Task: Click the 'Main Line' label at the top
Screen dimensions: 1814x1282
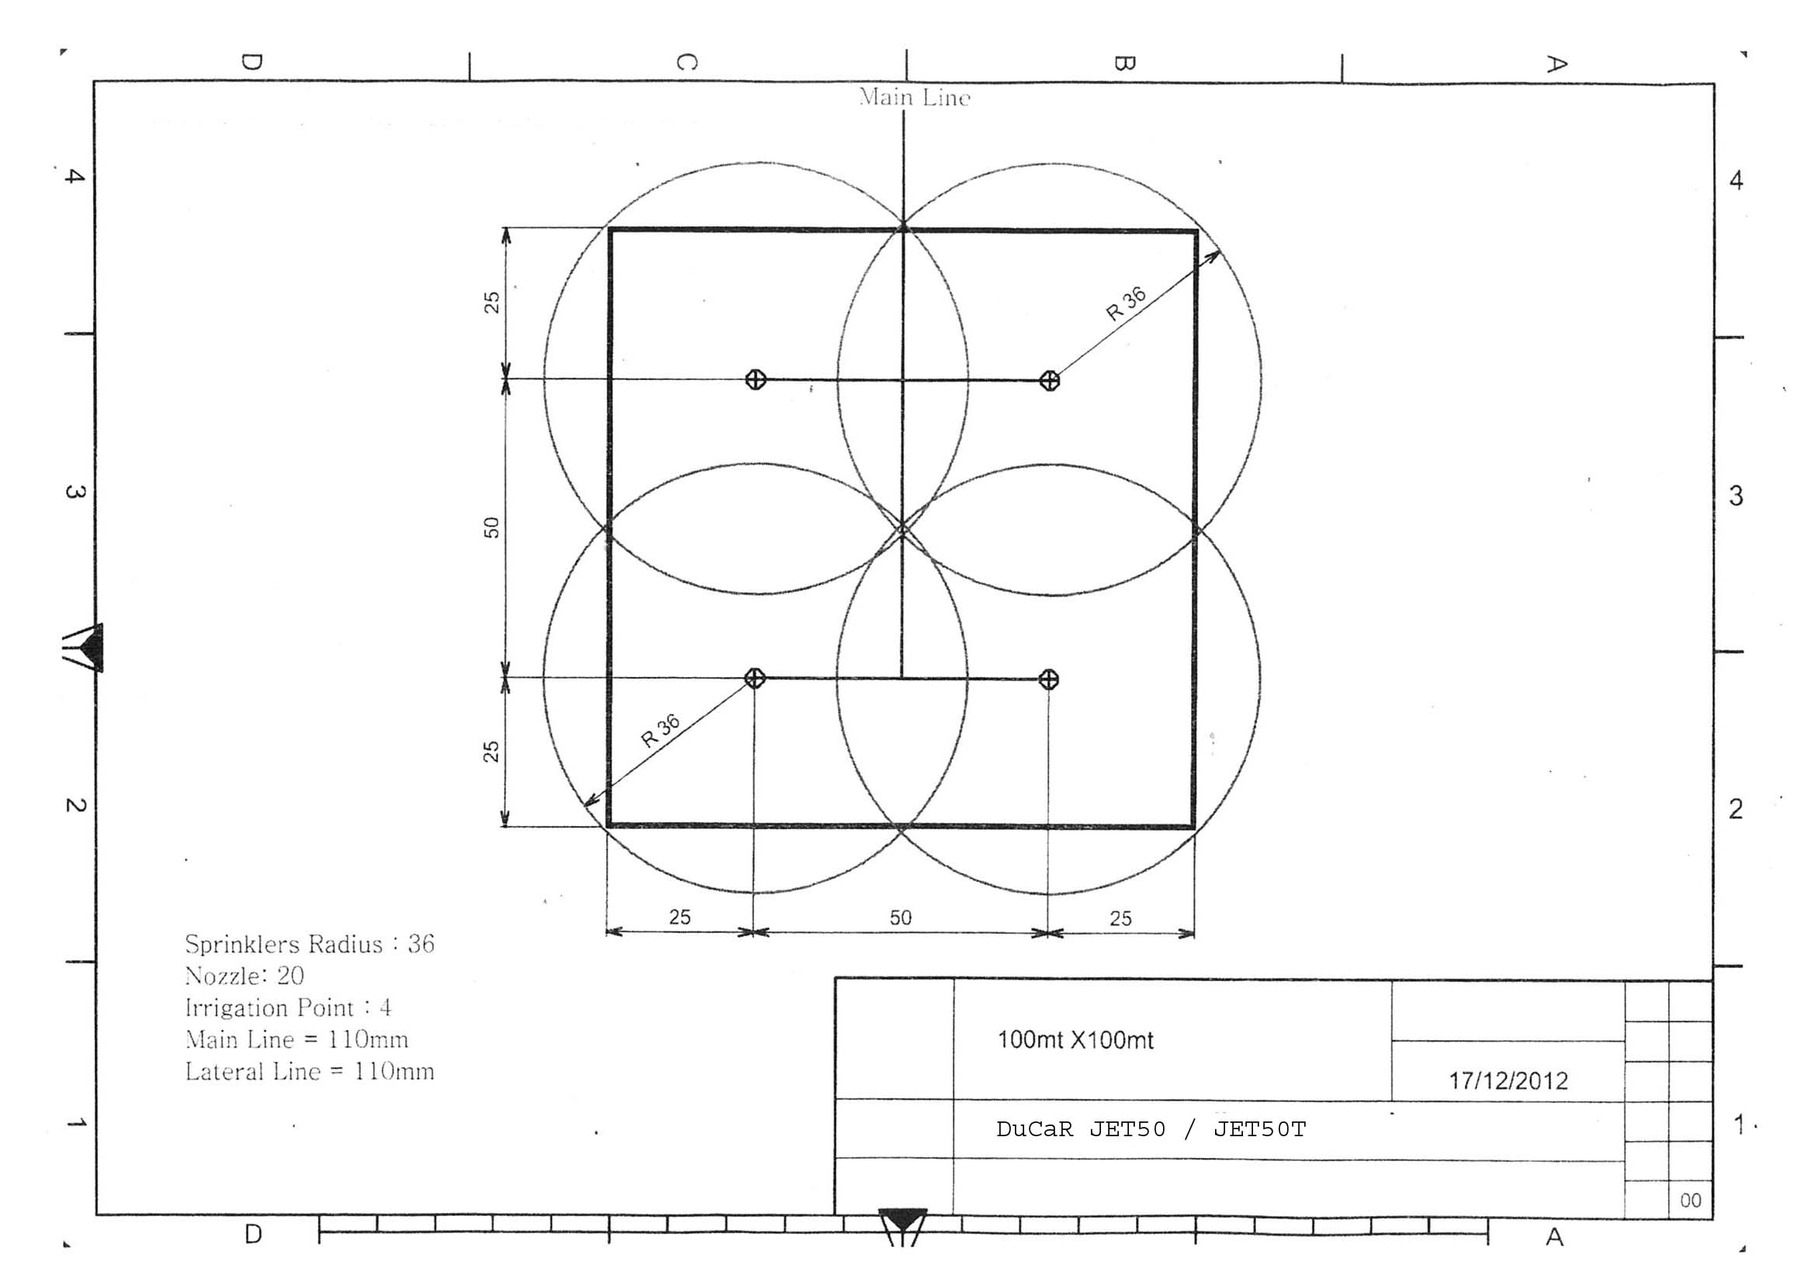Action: coord(914,97)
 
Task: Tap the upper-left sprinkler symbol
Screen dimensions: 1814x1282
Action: coord(756,380)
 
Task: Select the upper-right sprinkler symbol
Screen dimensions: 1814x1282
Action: coord(1049,381)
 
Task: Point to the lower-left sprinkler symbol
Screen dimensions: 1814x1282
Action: coord(755,678)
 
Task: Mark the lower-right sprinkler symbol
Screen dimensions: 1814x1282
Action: coord(1048,679)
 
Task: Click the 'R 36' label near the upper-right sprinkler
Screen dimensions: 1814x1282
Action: coord(1126,304)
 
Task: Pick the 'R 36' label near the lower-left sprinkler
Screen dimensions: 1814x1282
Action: coord(660,731)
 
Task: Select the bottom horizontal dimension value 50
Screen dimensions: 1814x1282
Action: coord(901,917)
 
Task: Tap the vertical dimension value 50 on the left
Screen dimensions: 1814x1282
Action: coord(491,527)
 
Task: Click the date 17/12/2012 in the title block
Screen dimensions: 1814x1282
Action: coord(1508,1080)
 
